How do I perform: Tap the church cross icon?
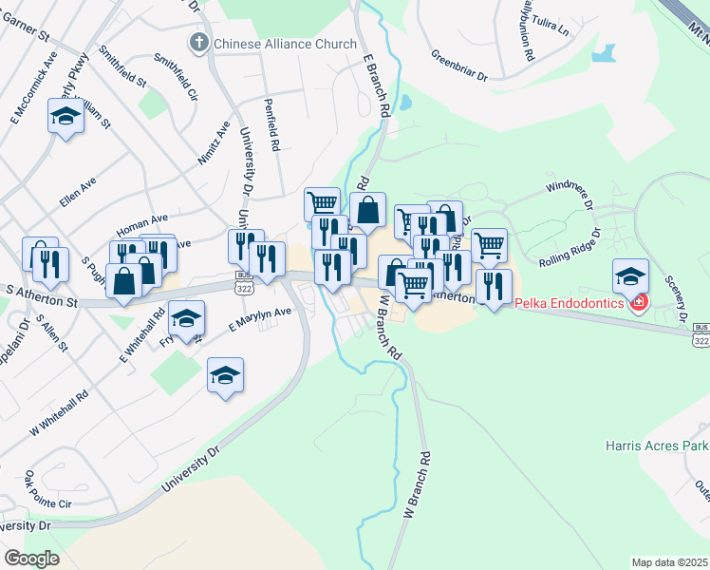198,42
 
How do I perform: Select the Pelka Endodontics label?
570,303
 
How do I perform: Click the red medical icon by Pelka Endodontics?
639,303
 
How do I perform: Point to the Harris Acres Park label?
656,445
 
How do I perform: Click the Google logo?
31,559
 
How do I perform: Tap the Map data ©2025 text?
670,562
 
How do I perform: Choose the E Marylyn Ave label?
259,319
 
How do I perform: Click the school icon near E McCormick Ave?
65,118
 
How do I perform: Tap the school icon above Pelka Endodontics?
630,276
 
